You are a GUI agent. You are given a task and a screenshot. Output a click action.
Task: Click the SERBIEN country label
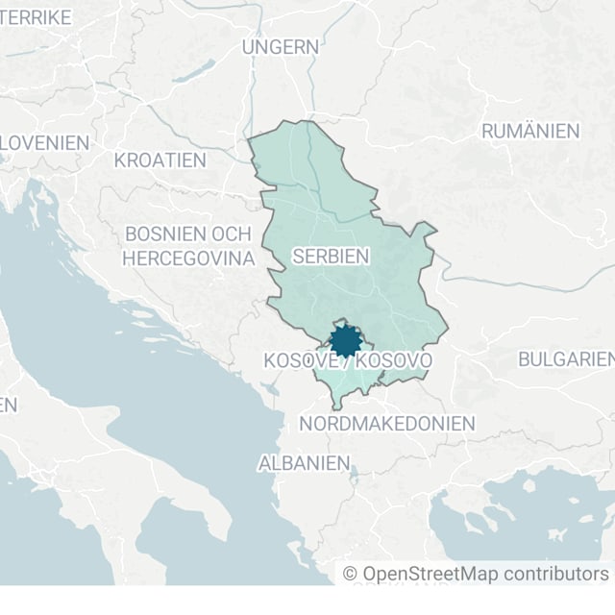tap(331, 256)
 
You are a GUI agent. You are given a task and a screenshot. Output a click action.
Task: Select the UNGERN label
tap(280, 46)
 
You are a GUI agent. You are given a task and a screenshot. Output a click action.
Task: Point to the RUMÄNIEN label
tap(529, 131)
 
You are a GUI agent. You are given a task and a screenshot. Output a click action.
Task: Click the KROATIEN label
tap(160, 160)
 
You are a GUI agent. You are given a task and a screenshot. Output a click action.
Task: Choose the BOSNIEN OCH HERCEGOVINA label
tap(187, 246)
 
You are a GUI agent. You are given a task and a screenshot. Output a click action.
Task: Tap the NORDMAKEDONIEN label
tap(387, 423)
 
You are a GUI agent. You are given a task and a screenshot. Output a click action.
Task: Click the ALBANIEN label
tap(304, 463)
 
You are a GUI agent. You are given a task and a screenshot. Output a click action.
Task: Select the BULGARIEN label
tap(565, 359)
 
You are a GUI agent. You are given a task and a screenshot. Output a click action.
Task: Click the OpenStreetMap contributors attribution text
tap(476, 574)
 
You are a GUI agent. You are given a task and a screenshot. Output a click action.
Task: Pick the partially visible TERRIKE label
tap(36, 16)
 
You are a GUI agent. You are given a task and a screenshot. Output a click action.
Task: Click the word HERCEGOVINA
tap(187, 258)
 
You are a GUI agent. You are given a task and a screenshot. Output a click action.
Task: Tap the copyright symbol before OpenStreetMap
tap(351, 574)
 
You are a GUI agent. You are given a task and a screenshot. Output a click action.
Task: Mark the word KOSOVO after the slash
tap(393, 360)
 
